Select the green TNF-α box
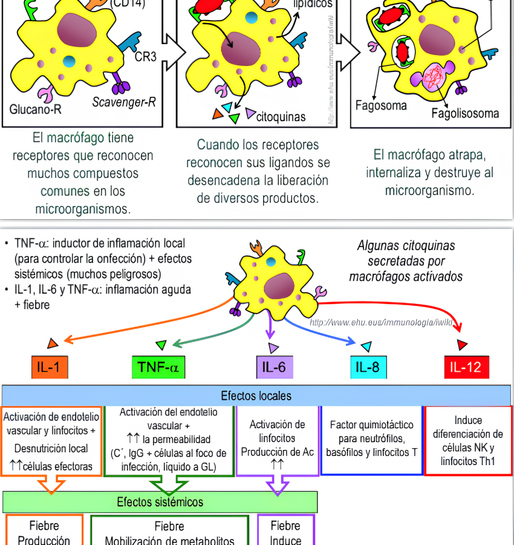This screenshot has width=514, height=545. pos(158,367)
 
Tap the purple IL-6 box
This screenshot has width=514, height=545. pos(275,367)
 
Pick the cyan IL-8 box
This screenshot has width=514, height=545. pos(368,367)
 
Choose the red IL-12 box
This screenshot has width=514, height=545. pos(466,367)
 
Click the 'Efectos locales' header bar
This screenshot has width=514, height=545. pos(256,396)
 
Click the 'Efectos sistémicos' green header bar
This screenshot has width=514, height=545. pos(160,502)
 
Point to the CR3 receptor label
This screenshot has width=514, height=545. pos(145,58)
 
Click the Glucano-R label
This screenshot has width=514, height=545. pos(36,110)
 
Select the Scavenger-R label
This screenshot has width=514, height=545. pos(124,102)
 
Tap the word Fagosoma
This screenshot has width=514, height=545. pos(381,105)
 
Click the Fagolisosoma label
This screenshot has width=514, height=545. pos(465,113)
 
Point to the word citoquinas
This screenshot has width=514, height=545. pos(281,116)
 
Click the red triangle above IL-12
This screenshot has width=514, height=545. pos(462,345)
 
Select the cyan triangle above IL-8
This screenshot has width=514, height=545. pos(366,346)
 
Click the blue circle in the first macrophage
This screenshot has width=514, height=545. pos(69,61)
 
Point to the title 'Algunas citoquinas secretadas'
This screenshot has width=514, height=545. pos(406,261)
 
